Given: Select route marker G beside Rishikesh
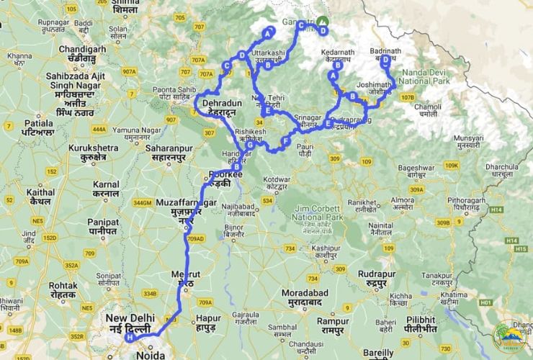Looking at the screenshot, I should tap(250, 146).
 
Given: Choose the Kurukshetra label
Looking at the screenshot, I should tap(86, 152).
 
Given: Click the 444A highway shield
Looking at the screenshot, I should tap(99, 130).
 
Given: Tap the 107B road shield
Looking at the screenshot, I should tap(408, 97).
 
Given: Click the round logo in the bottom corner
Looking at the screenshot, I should tap(509, 338).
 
